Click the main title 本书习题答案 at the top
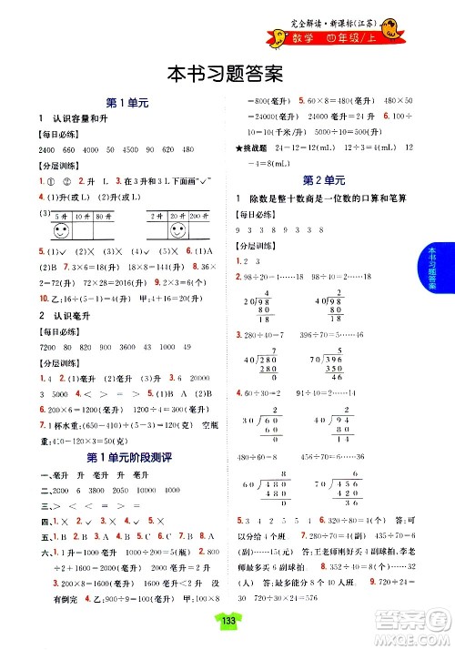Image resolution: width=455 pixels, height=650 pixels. pyautogui.click(x=227, y=71)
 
